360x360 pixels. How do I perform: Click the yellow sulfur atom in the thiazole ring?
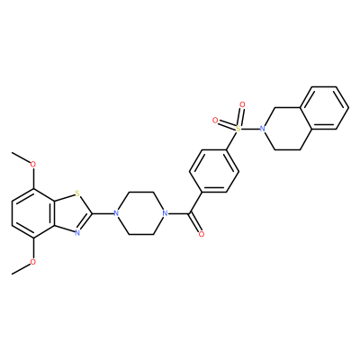tap(77, 193)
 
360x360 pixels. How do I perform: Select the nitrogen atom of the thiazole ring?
tap(77, 233)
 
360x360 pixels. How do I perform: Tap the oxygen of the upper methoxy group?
tap(33, 164)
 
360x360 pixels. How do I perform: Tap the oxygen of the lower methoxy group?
tap(33, 263)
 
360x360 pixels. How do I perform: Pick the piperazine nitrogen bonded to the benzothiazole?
tap(116, 213)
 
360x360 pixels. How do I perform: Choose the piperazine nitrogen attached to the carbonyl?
tap(164, 213)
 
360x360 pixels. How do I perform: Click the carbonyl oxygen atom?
tap(202, 234)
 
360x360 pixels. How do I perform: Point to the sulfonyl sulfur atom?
tap(238, 129)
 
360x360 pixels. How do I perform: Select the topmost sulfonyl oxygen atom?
tap(242, 104)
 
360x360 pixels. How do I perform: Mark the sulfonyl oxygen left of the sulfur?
tap(215, 121)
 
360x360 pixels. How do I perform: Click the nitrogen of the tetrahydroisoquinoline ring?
tap(263, 129)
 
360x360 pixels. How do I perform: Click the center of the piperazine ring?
tap(139, 213)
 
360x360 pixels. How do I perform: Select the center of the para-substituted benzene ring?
tap(214, 171)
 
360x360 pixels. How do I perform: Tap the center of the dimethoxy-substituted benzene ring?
tap(33, 213)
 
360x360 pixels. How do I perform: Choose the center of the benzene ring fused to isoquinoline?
tap(324, 108)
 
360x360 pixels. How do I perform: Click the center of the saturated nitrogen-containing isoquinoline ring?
tap(287, 129)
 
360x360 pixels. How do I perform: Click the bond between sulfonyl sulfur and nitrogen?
tap(250, 129)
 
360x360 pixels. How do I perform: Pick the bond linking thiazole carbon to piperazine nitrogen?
tap(103, 213)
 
